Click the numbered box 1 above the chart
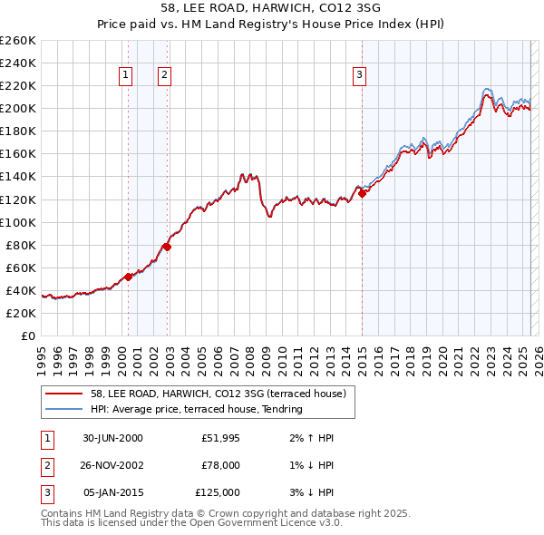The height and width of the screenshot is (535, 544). pyautogui.click(x=124, y=75)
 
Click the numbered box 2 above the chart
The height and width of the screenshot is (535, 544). pyautogui.click(x=164, y=75)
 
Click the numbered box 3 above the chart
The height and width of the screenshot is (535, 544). pyautogui.click(x=360, y=75)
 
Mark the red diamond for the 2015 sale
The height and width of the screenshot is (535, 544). pyautogui.click(x=362, y=192)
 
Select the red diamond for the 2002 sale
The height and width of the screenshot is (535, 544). pyautogui.click(x=168, y=246)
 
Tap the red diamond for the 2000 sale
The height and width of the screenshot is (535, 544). pyautogui.click(x=129, y=277)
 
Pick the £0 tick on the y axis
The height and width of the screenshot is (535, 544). pyautogui.click(x=28, y=336)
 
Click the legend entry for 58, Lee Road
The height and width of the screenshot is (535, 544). pyautogui.click(x=218, y=394)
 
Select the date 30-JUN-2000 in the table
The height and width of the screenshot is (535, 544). pyautogui.click(x=112, y=438)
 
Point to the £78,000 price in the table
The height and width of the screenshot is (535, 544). pyautogui.click(x=220, y=465)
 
